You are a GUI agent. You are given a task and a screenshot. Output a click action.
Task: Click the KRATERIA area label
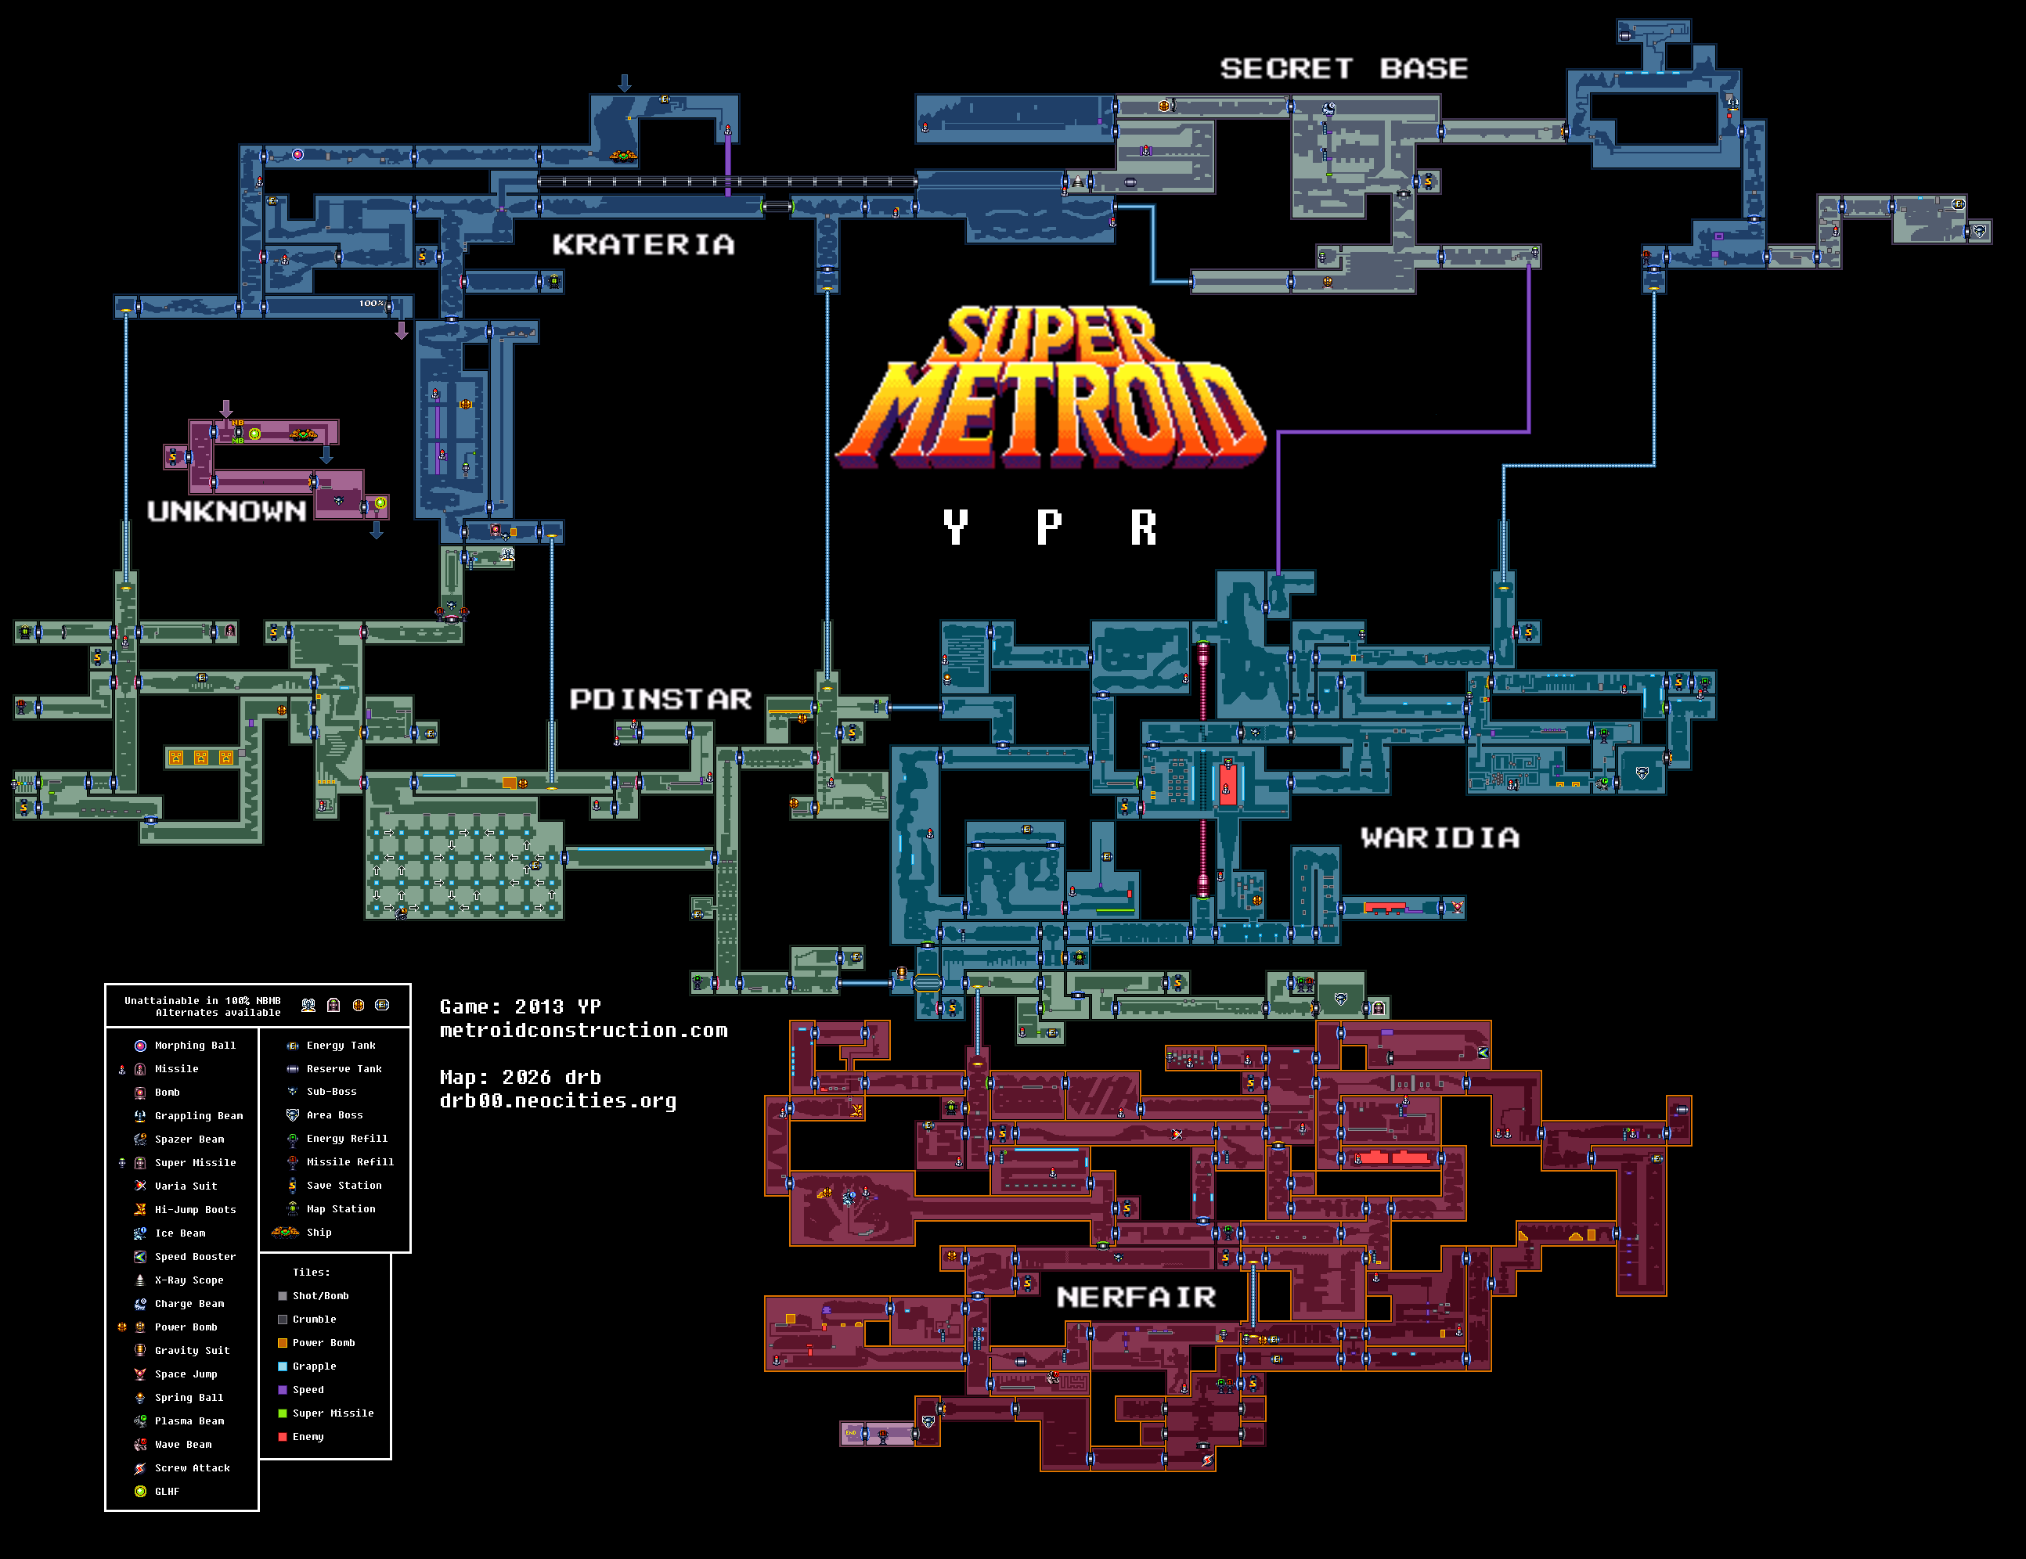[x=643, y=245]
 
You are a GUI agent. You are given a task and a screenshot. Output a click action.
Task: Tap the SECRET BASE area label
[x=1343, y=69]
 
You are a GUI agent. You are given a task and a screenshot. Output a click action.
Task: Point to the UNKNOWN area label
[x=226, y=511]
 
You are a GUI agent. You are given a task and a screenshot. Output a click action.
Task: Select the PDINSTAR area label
[x=660, y=699]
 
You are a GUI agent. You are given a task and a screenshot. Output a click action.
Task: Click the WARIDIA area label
[x=1440, y=838]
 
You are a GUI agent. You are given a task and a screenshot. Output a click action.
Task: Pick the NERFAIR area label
[x=1135, y=1297]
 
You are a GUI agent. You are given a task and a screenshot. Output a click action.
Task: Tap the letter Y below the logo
[x=956, y=527]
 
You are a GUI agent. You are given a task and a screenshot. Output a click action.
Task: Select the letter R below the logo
[x=1144, y=527]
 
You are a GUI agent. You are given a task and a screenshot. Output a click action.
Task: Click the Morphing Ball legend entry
[x=194, y=1046]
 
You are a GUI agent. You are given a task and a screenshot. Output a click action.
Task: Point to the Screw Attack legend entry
[x=191, y=1468]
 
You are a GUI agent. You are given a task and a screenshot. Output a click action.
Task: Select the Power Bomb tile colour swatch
[x=283, y=1343]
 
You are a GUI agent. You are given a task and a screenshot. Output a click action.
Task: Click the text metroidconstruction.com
[x=583, y=1031]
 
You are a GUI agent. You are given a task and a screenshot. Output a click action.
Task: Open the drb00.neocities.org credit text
[x=557, y=1101]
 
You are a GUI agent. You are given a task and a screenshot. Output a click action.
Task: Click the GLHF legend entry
[x=167, y=1491]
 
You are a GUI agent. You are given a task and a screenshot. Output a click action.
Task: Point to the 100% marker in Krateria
[x=371, y=303]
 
